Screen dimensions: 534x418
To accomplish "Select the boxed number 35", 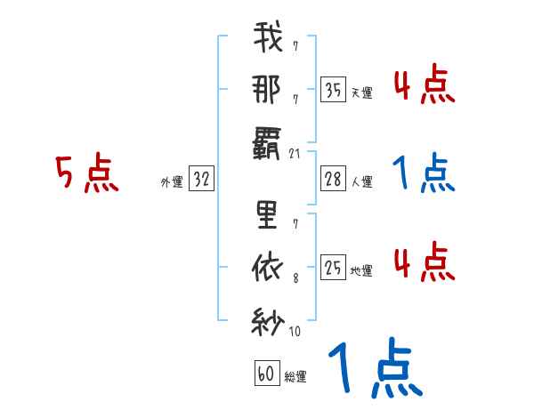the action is point(333,89).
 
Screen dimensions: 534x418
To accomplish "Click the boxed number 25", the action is point(333,267).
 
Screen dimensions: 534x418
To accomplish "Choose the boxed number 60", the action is point(265,374).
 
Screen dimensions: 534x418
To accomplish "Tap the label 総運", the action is point(295,376).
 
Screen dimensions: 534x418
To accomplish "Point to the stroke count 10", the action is point(295,332).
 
